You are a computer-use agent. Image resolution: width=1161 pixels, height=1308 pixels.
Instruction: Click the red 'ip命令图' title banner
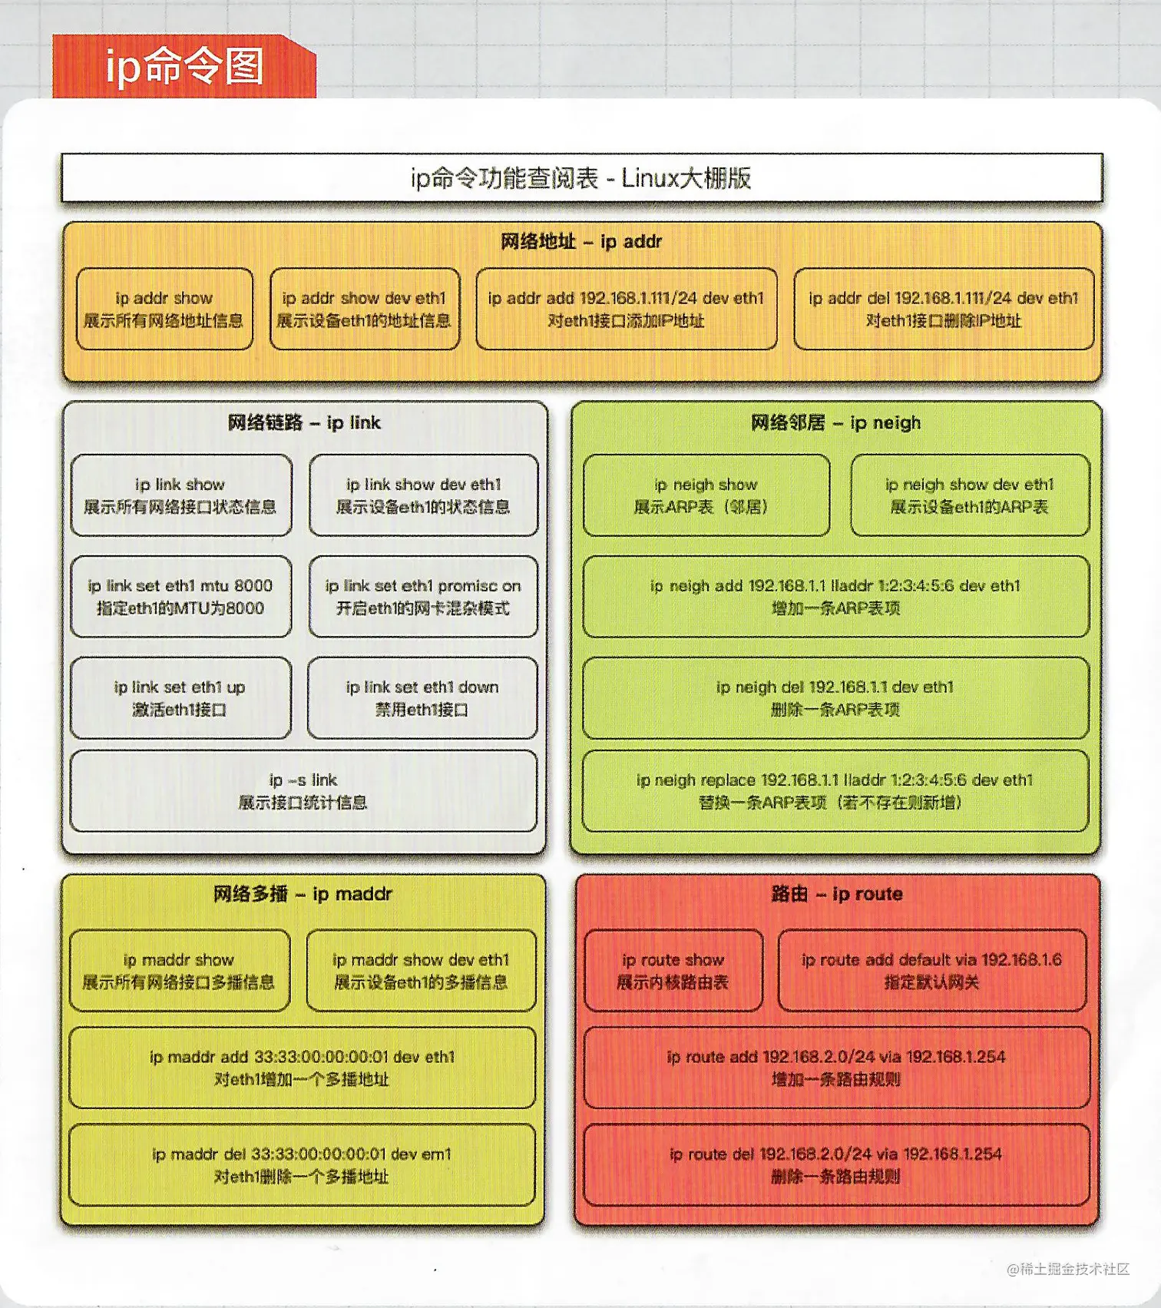(x=184, y=66)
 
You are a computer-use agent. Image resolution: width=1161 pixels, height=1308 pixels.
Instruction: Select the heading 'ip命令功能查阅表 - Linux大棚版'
(x=581, y=178)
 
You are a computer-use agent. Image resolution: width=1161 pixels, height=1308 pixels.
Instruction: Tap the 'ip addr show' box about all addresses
(x=164, y=309)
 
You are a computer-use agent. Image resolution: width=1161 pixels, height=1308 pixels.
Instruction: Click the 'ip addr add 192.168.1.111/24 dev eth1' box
(x=626, y=309)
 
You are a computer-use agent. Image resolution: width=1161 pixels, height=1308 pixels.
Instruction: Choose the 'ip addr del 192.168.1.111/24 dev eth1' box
(x=943, y=309)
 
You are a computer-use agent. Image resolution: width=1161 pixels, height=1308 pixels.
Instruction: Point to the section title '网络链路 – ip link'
(x=304, y=422)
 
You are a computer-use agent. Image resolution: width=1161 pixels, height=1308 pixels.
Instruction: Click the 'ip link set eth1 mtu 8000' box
(x=180, y=597)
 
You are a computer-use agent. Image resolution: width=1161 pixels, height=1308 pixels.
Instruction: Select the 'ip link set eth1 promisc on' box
(x=423, y=597)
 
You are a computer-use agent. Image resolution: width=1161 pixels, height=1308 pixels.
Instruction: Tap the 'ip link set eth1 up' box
(x=180, y=698)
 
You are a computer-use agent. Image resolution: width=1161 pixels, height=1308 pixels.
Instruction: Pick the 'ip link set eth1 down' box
(x=422, y=698)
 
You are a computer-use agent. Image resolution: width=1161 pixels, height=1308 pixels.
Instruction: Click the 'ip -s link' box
(x=303, y=791)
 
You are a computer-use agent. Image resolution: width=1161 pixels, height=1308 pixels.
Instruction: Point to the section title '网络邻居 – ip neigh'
(x=835, y=422)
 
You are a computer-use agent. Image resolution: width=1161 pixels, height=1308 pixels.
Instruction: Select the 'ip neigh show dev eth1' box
(x=969, y=495)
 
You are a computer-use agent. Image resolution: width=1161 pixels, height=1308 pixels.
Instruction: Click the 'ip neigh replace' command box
(x=835, y=791)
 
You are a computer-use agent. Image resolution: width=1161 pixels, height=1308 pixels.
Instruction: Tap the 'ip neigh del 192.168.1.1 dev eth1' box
(x=835, y=698)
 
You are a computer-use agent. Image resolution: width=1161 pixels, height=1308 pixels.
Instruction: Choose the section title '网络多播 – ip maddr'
(x=303, y=894)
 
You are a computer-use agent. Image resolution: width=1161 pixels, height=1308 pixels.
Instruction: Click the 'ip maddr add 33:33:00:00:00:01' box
(x=303, y=1068)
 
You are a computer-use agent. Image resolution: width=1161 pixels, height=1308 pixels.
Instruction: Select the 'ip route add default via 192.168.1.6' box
(x=931, y=971)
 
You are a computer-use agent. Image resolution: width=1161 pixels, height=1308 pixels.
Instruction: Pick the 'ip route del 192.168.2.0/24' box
(x=835, y=1164)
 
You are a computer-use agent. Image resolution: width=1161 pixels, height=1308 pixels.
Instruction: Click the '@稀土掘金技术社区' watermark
(x=1068, y=1269)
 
